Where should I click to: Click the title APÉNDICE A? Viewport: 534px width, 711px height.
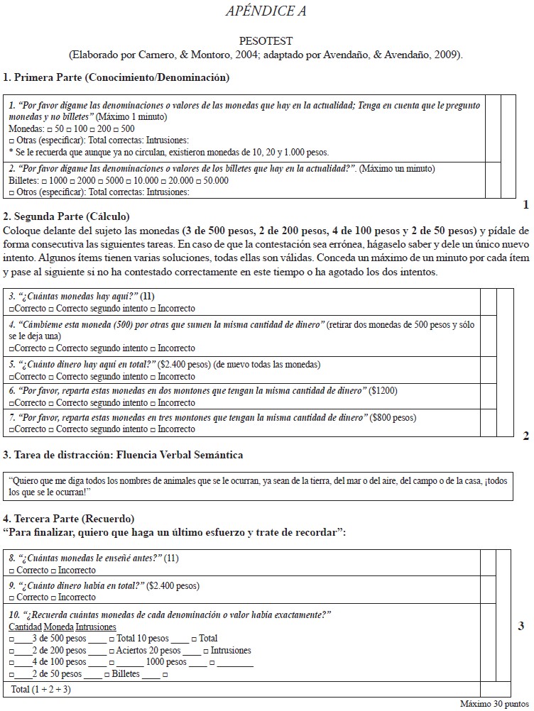pyautogui.click(x=266, y=11)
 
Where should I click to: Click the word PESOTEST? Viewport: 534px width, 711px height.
pyautogui.click(x=266, y=42)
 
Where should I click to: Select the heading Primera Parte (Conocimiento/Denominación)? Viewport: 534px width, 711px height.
pyautogui.click(x=116, y=77)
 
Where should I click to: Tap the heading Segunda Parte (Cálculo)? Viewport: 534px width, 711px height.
pyautogui.click(x=67, y=216)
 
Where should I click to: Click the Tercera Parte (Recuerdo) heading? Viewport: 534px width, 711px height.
pyautogui.click(x=68, y=519)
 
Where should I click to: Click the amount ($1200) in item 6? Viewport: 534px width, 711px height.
pyautogui.click(x=384, y=390)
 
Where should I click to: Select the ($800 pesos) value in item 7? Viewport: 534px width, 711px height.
pyautogui.click(x=393, y=417)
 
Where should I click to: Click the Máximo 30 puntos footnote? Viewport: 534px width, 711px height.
pyautogui.click(x=494, y=705)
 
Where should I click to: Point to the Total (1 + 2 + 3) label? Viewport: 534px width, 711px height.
pyautogui.click(x=41, y=689)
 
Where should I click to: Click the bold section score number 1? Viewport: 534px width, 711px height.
pyautogui.click(x=525, y=204)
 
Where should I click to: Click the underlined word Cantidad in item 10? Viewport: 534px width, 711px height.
pyautogui.click(x=25, y=627)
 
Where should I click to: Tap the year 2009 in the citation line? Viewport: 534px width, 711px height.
pyautogui.click(x=449, y=55)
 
